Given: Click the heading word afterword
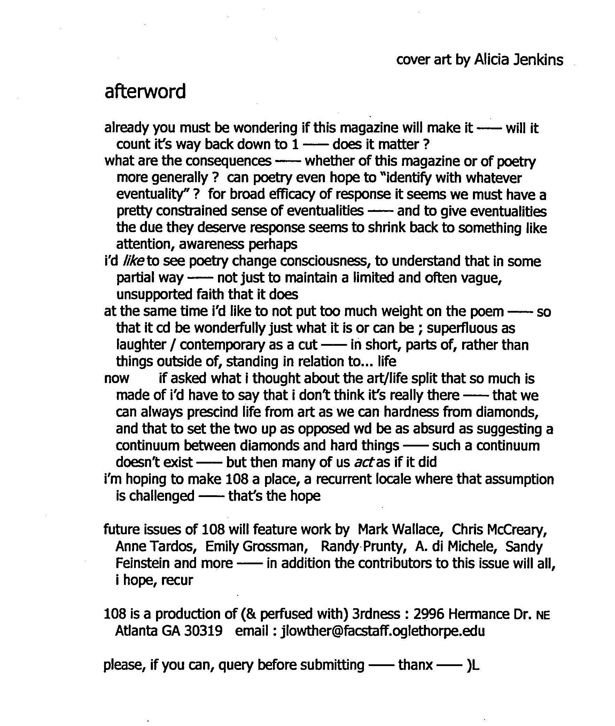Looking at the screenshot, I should coord(145,91).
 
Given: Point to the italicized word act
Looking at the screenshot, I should coord(364,462).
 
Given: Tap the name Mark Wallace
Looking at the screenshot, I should coord(400,529).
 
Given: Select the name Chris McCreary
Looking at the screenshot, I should coord(499,529).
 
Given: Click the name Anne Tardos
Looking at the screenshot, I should coord(154,547).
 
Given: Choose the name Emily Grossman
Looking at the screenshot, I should coord(256,547).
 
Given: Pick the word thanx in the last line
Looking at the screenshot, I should coord(415,665).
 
